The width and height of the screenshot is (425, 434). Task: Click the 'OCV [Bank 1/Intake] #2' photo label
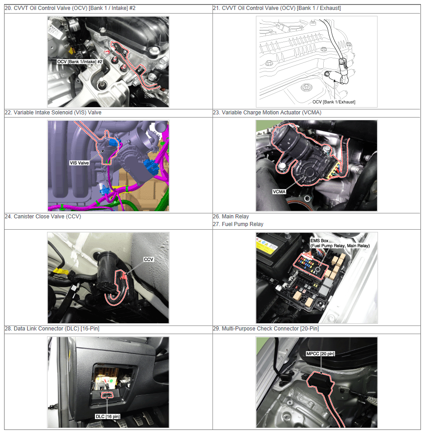coord(80,62)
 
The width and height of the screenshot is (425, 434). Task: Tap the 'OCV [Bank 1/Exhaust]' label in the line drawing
coord(334,102)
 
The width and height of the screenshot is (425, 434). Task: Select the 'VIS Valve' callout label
coord(79,163)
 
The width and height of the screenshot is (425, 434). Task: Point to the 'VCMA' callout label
coord(279,192)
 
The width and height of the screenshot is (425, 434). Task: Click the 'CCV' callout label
coord(148,259)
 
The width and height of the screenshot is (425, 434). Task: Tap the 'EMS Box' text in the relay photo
coord(319,241)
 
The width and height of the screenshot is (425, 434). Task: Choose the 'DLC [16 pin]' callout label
coord(108,416)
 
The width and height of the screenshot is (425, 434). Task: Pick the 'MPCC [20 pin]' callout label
coord(321,354)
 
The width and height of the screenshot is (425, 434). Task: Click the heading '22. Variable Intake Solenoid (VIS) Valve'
coord(53,113)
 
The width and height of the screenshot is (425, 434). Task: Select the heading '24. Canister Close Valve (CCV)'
coord(43,217)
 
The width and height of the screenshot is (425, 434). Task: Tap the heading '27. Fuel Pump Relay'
coord(238,224)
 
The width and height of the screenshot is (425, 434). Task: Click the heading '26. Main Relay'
coord(231,217)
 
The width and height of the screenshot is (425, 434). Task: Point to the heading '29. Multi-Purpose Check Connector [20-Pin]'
coord(266,329)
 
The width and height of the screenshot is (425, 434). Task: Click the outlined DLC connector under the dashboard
coord(107,395)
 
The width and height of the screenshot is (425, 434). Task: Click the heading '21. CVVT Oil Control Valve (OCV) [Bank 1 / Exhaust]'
coord(277,8)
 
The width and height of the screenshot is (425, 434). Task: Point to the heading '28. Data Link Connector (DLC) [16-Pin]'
coord(52,329)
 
